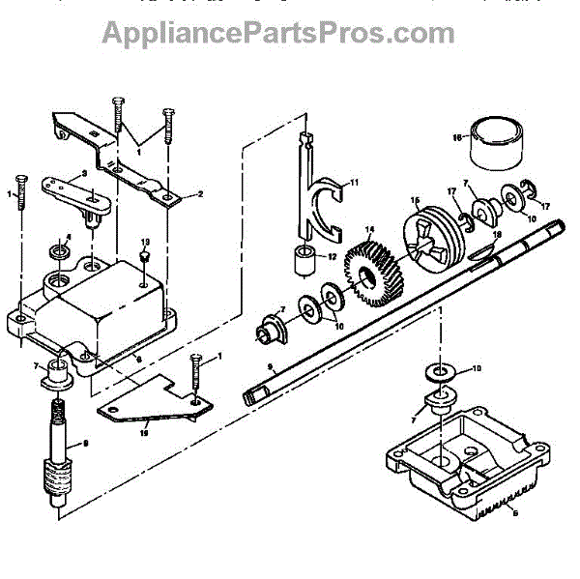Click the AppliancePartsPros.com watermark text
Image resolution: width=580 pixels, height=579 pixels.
pyautogui.click(x=278, y=34)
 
